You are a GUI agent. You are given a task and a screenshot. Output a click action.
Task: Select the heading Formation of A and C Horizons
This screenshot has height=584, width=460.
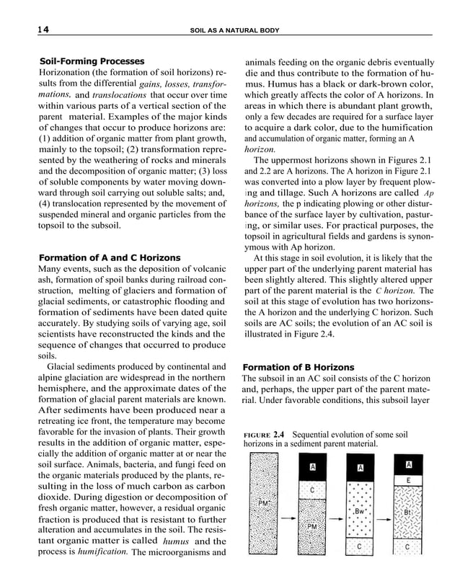click(x=109, y=257)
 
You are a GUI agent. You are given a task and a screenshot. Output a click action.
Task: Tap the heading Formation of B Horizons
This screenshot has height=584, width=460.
click(x=298, y=367)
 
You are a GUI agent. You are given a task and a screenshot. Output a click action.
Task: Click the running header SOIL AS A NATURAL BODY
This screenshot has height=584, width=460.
click(x=234, y=30)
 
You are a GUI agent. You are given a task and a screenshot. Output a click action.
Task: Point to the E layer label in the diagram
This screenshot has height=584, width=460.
click(x=409, y=480)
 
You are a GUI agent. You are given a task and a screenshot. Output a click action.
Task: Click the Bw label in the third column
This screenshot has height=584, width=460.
click(x=361, y=510)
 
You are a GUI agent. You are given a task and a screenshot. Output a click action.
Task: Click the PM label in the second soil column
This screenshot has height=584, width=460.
click(x=312, y=527)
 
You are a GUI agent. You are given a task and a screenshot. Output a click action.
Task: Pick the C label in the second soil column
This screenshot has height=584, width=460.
click(x=312, y=490)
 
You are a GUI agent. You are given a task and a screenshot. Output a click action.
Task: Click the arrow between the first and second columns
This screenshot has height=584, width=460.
click(x=287, y=517)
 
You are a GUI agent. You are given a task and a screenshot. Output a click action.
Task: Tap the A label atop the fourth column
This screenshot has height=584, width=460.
click(x=409, y=464)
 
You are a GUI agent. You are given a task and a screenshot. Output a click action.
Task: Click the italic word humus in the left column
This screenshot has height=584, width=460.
click(x=176, y=541)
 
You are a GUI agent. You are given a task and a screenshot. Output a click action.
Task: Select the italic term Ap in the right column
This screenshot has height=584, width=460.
click(x=428, y=194)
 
